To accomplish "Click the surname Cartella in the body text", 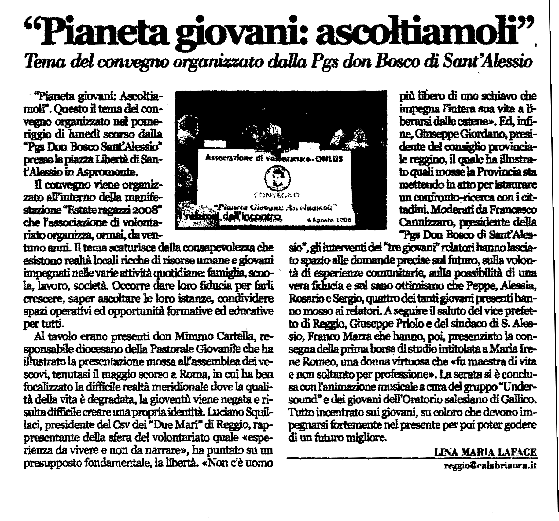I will tap(234, 337).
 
